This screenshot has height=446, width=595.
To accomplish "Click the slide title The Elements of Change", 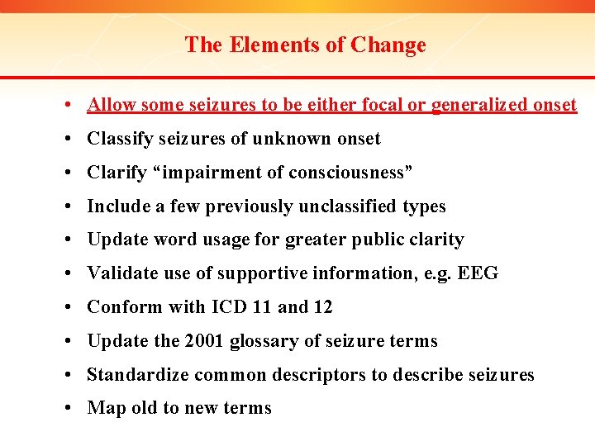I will (305, 45).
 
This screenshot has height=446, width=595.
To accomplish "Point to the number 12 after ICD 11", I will (322, 307).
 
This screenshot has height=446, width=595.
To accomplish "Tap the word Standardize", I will (137, 375).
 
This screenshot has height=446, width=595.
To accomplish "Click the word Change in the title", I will (388, 45).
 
